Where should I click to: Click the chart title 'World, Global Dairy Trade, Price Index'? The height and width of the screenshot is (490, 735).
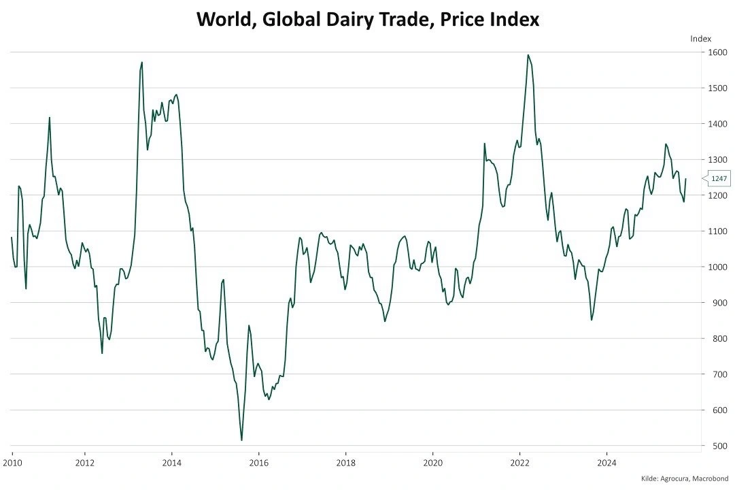point(367,19)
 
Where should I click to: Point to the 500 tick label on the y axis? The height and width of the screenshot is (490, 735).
point(718,446)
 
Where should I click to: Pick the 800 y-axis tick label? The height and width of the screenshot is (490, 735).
point(718,339)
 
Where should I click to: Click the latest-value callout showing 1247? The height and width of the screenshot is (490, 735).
point(719,178)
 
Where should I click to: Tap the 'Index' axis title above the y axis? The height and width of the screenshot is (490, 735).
point(700,38)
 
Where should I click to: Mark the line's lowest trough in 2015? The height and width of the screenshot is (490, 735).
point(241,440)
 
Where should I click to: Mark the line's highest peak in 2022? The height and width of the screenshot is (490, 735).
point(528,55)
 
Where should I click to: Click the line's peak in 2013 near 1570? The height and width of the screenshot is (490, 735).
point(141,62)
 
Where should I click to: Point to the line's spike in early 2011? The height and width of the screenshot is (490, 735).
point(50,118)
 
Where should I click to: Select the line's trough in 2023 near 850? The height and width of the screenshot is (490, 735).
point(592,320)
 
